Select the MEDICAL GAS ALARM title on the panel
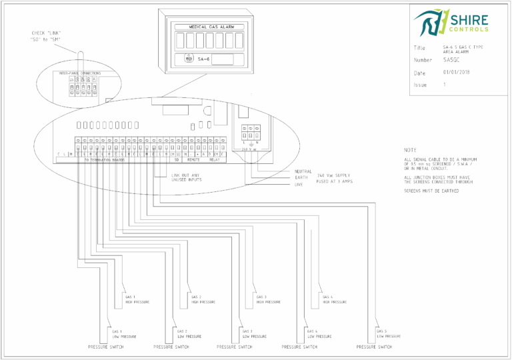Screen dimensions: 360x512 click(x=207, y=27)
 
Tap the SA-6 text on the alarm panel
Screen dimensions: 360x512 click(x=204, y=59)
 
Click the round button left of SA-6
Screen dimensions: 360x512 click(x=189, y=59)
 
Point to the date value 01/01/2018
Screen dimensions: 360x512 click(x=456, y=72)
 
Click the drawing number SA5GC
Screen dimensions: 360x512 click(x=451, y=60)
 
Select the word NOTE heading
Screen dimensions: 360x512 click(x=410, y=150)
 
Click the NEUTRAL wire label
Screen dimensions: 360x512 click(x=303, y=171)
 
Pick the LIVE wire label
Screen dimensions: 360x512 click(x=299, y=184)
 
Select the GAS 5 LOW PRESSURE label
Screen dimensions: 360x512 click(x=387, y=333)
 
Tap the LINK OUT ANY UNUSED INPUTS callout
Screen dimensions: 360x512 click(x=186, y=177)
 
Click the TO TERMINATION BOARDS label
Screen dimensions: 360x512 click(x=104, y=160)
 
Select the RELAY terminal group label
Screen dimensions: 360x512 click(x=215, y=160)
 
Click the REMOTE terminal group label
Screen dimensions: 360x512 click(x=194, y=160)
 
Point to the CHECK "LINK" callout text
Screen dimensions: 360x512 click(x=47, y=36)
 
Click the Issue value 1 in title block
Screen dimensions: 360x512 click(x=444, y=85)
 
